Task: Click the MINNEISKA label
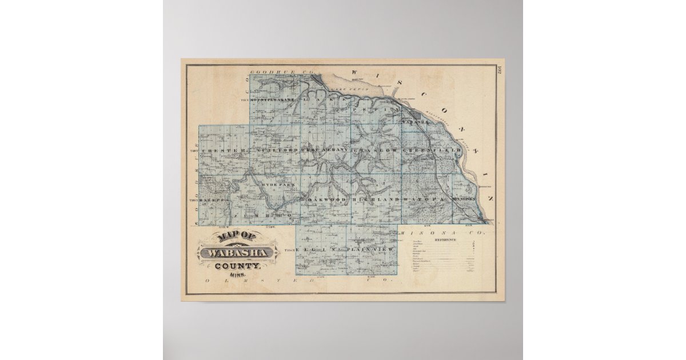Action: click(462, 199)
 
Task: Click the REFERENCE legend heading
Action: click(445, 241)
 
